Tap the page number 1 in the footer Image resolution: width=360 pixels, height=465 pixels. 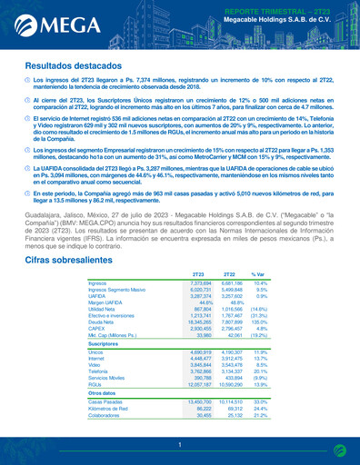pos(179,444)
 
